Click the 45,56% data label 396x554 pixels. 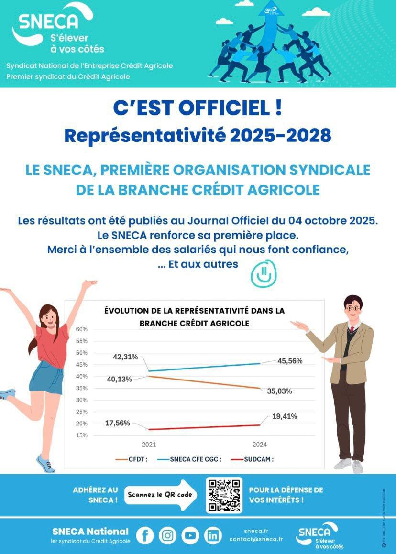(290, 361)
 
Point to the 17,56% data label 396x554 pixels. (118, 423)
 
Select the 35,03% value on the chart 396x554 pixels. (279, 391)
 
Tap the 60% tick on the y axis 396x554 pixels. (81, 329)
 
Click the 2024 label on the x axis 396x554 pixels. (260, 445)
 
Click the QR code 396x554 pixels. (224, 495)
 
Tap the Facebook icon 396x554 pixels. (145, 535)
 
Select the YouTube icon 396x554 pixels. (190, 535)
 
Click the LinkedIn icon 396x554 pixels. (213, 535)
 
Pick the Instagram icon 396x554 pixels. (167, 535)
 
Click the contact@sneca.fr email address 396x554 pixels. (256, 539)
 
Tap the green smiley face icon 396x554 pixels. (264, 273)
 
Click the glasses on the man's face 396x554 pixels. (353, 309)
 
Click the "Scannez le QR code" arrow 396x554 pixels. (161, 495)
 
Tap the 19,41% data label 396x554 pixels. (284, 417)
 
